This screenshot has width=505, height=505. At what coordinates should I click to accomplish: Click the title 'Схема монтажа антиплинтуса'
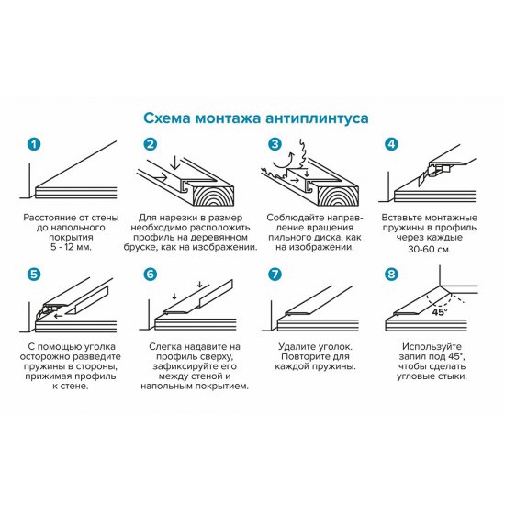[x=252, y=118]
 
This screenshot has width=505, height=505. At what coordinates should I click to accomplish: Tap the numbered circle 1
[x=34, y=145]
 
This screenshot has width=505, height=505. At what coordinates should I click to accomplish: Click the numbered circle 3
[x=274, y=145]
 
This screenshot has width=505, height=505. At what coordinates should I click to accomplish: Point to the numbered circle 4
[x=392, y=145]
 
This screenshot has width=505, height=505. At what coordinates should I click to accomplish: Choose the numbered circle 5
[x=34, y=274]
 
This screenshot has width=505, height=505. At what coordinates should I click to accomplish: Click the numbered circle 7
[x=274, y=274]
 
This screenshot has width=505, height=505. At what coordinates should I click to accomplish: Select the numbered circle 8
[x=392, y=274]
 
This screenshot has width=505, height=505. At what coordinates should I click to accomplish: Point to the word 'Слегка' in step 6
[x=163, y=347]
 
